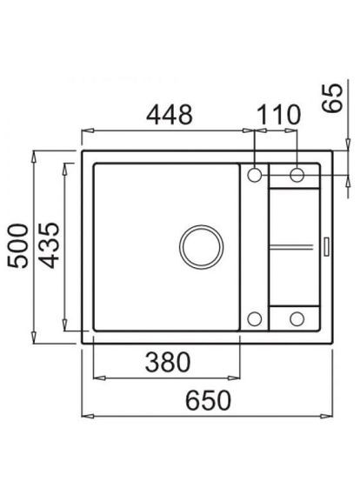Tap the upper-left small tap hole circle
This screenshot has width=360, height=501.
[255, 175]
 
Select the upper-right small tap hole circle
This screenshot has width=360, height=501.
[297, 175]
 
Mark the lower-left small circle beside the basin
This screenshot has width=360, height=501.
[255, 317]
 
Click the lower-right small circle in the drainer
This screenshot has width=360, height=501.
[297, 317]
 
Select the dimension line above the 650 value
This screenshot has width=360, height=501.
[210, 415]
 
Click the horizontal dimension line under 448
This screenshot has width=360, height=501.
[168, 131]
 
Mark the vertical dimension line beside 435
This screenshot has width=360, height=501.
[67, 246]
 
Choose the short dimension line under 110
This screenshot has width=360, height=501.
[276, 131]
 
